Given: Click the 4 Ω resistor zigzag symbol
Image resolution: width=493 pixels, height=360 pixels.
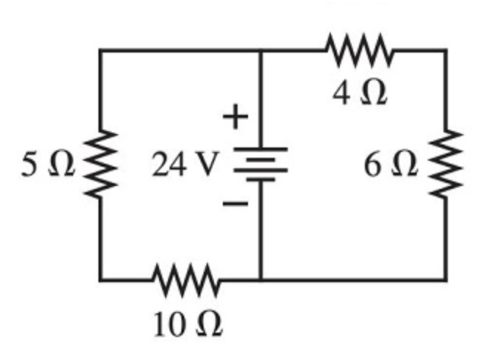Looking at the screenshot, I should click(x=359, y=50).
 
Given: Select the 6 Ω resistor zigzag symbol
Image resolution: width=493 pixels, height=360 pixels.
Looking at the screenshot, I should click(x=446, y=164).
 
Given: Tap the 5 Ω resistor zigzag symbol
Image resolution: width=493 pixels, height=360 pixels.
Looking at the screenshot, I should click(x=101, y=164).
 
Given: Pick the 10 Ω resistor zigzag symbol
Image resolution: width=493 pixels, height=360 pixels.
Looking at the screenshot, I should click(x=186, y=280).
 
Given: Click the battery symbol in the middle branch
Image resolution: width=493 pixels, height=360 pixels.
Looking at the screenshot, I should click(x=261, y=164).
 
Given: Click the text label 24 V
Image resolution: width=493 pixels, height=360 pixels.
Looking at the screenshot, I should click(x=184, y=165).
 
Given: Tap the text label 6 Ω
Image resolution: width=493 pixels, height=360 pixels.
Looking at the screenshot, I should click(x=390, y=165).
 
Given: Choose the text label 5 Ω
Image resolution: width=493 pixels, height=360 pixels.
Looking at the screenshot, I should click(x=48, y=165).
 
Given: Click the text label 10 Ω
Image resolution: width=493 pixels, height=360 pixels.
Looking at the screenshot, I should click(x=187, y=324).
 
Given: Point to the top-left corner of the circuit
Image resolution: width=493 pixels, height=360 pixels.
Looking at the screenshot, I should click(x=101, y=50).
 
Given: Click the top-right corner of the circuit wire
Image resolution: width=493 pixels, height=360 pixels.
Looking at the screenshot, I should click(x=446, y=50).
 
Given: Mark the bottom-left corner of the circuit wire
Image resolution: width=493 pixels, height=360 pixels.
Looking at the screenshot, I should click(x=101, y=280).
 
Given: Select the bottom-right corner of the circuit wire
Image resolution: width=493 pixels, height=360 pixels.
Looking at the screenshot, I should click(x=446, y=280).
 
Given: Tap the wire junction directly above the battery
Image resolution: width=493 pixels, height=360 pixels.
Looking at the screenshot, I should click(x=261, y=50).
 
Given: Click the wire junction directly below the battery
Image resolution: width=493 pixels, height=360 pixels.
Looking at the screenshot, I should click(x=261, y=280).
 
